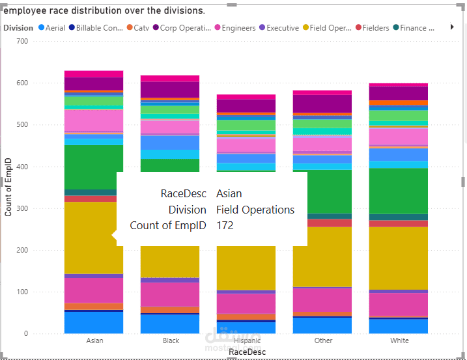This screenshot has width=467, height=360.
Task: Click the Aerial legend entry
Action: click(55, 28)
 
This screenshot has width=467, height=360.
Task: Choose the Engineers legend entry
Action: click(238, 28)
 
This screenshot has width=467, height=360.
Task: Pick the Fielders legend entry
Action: click(376, 28)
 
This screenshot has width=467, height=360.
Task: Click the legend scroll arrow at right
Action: click(452, 27)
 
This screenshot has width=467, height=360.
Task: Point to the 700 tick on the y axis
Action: click(22, 41)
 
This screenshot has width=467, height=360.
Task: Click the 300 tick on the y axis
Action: click(22, 208)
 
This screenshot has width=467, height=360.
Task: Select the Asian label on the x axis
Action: click(94, 340)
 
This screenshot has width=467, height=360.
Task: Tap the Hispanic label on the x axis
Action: click(247, 340)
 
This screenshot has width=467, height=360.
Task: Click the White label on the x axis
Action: click(399, 340)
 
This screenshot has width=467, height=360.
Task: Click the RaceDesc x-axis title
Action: click(247, 352)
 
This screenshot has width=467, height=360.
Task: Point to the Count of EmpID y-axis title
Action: click(8, 187)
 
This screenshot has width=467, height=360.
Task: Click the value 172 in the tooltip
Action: click(225, 226)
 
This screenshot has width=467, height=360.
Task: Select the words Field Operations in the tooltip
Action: click(255, 210)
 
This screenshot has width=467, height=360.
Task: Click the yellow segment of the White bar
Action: click(399, 258)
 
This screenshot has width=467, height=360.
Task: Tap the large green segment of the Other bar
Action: click(323, 191)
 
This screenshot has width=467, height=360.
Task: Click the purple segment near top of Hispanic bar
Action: click(247, 105)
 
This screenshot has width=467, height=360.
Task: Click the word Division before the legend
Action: click(18, 28)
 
